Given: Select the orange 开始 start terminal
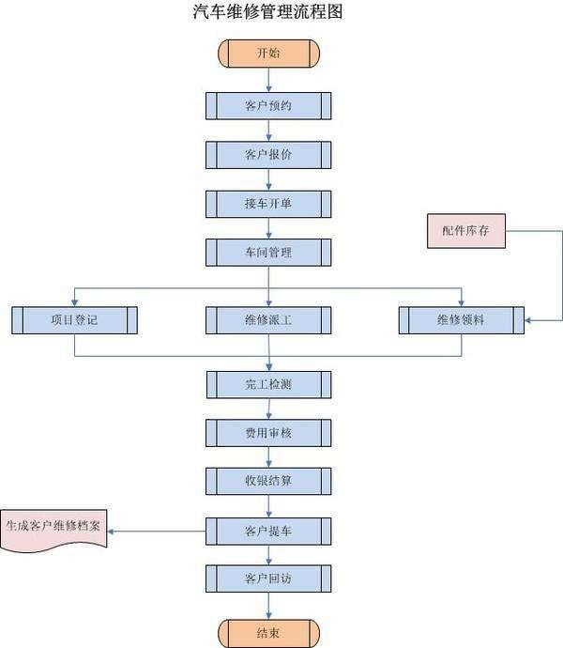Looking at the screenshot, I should coord(268,53).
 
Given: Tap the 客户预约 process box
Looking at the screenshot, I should coord(268,105).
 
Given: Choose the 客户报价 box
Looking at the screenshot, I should coord(268,154).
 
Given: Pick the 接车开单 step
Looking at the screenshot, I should coord(268,204).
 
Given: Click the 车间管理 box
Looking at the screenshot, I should coord(268,253).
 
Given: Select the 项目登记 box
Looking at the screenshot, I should coord(74,320).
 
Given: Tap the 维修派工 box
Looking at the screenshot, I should coord(268,320).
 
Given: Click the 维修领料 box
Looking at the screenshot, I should coord(461,320).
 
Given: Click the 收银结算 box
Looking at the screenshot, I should coord(268,481).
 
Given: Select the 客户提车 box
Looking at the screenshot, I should coord(268,532).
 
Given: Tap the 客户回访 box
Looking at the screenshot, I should coord(268,578).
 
